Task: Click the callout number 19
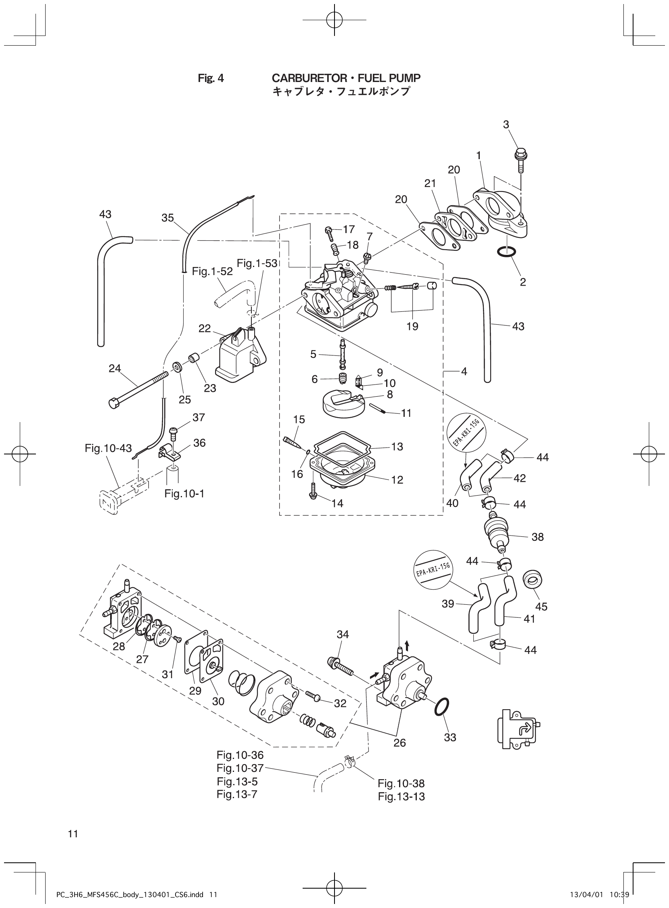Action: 412,326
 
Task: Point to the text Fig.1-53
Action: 257,263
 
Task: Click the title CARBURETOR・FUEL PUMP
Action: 346,78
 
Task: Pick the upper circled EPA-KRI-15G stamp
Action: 466,434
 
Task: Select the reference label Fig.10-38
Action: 401,783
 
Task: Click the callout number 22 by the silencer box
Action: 205,328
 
